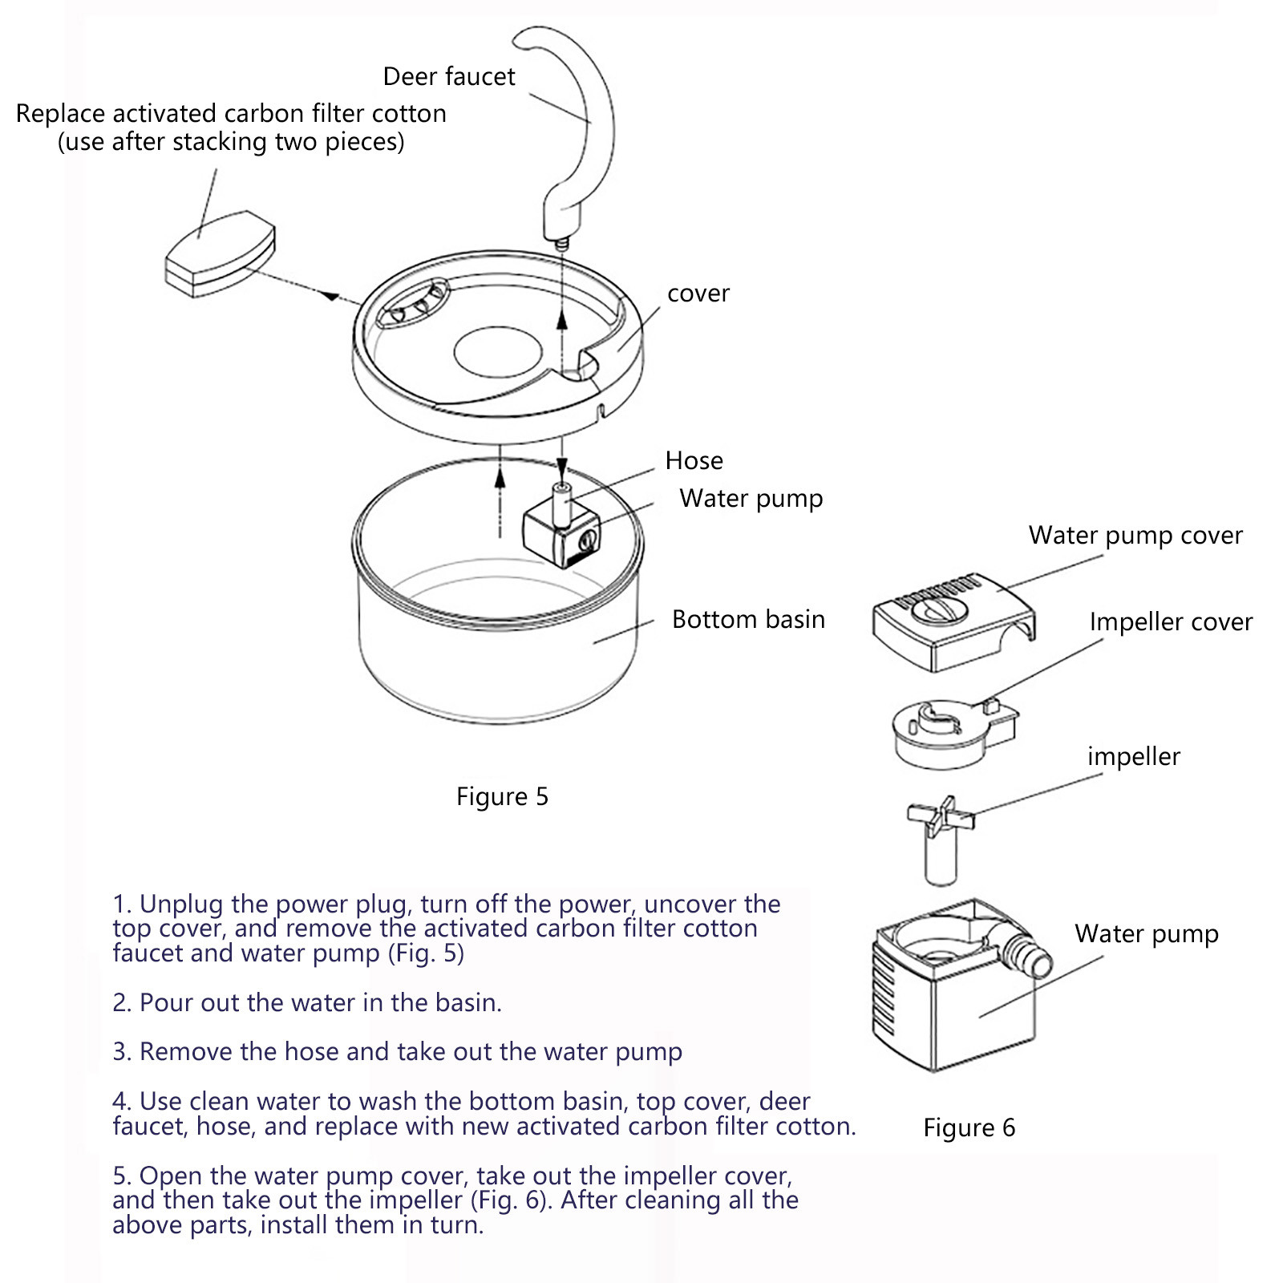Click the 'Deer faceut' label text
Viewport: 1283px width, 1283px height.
[449, 76]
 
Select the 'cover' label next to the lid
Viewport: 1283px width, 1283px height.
[698, 293]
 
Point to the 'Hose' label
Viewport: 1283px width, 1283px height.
[694, 461]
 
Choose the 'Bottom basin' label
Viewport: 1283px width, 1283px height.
[748, 620]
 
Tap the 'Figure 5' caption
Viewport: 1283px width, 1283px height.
[502, 797]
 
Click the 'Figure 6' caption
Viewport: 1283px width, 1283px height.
[969, 1128]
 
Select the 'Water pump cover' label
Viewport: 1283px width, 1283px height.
[1135, 536]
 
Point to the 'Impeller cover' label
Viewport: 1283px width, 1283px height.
[1171, 622]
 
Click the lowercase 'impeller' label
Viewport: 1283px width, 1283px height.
[1134, 757]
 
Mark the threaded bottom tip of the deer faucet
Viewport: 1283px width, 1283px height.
[561, 241]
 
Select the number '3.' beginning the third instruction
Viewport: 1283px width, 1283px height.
[122, 1052]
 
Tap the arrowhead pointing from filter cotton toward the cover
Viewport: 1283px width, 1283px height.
[330, 296]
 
